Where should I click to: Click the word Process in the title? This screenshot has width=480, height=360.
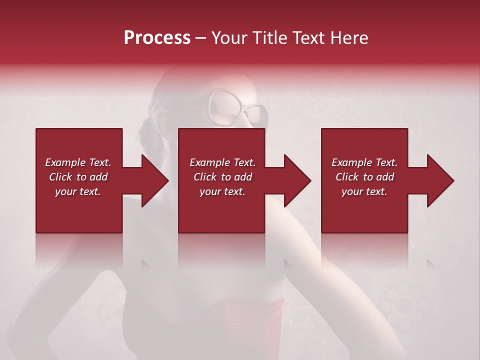[157, 37]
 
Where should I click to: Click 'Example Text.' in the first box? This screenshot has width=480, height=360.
[78, 162]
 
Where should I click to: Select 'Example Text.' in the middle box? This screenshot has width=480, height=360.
[222, 162]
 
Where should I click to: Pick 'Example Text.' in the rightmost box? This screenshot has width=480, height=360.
[364, 162]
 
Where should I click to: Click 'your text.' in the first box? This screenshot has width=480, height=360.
[78, 191]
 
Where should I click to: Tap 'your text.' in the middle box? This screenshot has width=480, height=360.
[222, 191]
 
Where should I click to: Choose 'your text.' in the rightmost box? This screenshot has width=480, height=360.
[364, 191]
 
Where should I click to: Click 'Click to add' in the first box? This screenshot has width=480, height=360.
[78, 177]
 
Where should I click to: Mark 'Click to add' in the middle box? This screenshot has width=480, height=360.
[222, 177]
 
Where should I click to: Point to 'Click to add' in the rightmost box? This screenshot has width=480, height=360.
[364, 177]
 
